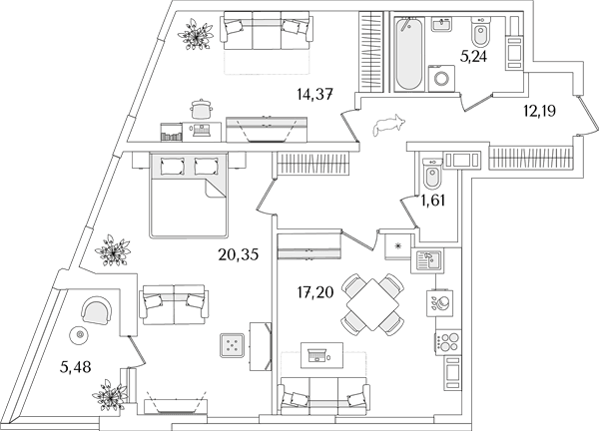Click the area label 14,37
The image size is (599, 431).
tap(315, 94)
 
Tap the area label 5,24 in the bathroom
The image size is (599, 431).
tap(474, 57)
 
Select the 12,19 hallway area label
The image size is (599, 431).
tap(539, 111)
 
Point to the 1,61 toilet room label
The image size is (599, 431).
tap(433, 200)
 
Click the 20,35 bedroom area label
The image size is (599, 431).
tap(239, 254)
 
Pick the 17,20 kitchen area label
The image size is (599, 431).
tap(315, 292)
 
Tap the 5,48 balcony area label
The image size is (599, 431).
tap(75, 367)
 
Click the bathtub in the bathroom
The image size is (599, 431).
tap(409, 53)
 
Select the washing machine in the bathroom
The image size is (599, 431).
tap(441, 78)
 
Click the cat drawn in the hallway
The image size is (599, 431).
tap(388, 125)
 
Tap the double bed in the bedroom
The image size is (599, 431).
tap(189, 195)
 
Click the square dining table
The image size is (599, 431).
tap(372, 304)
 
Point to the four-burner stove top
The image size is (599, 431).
tap(448, 341)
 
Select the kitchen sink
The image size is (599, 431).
tap(427, 260)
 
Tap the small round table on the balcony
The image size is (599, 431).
tap(80, 335)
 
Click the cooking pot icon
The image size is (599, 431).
tap(202, 109)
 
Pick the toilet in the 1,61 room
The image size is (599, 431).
tap(432, 174)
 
